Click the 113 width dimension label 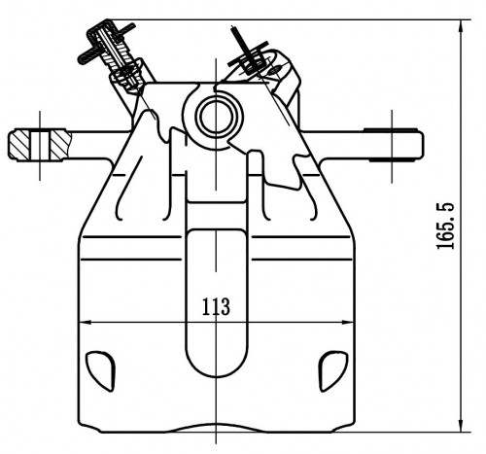pos(216,306)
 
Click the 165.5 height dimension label pos(446,226)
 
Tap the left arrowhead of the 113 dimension pos(85,323)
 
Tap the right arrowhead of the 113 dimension pos(347,323)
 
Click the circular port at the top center pos(216,117)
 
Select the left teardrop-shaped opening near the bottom pos(101,370)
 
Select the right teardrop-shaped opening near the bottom pos(333,370)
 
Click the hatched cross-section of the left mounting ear pos(40,145)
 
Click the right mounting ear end pos(394,145)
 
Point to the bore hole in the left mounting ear pos(40,145)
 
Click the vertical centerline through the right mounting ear pos(392,146)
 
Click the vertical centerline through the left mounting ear pos(40,146)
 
